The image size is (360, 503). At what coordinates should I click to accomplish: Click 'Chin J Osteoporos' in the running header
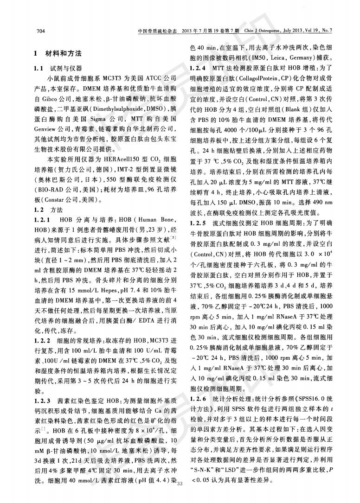click(262, 31)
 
